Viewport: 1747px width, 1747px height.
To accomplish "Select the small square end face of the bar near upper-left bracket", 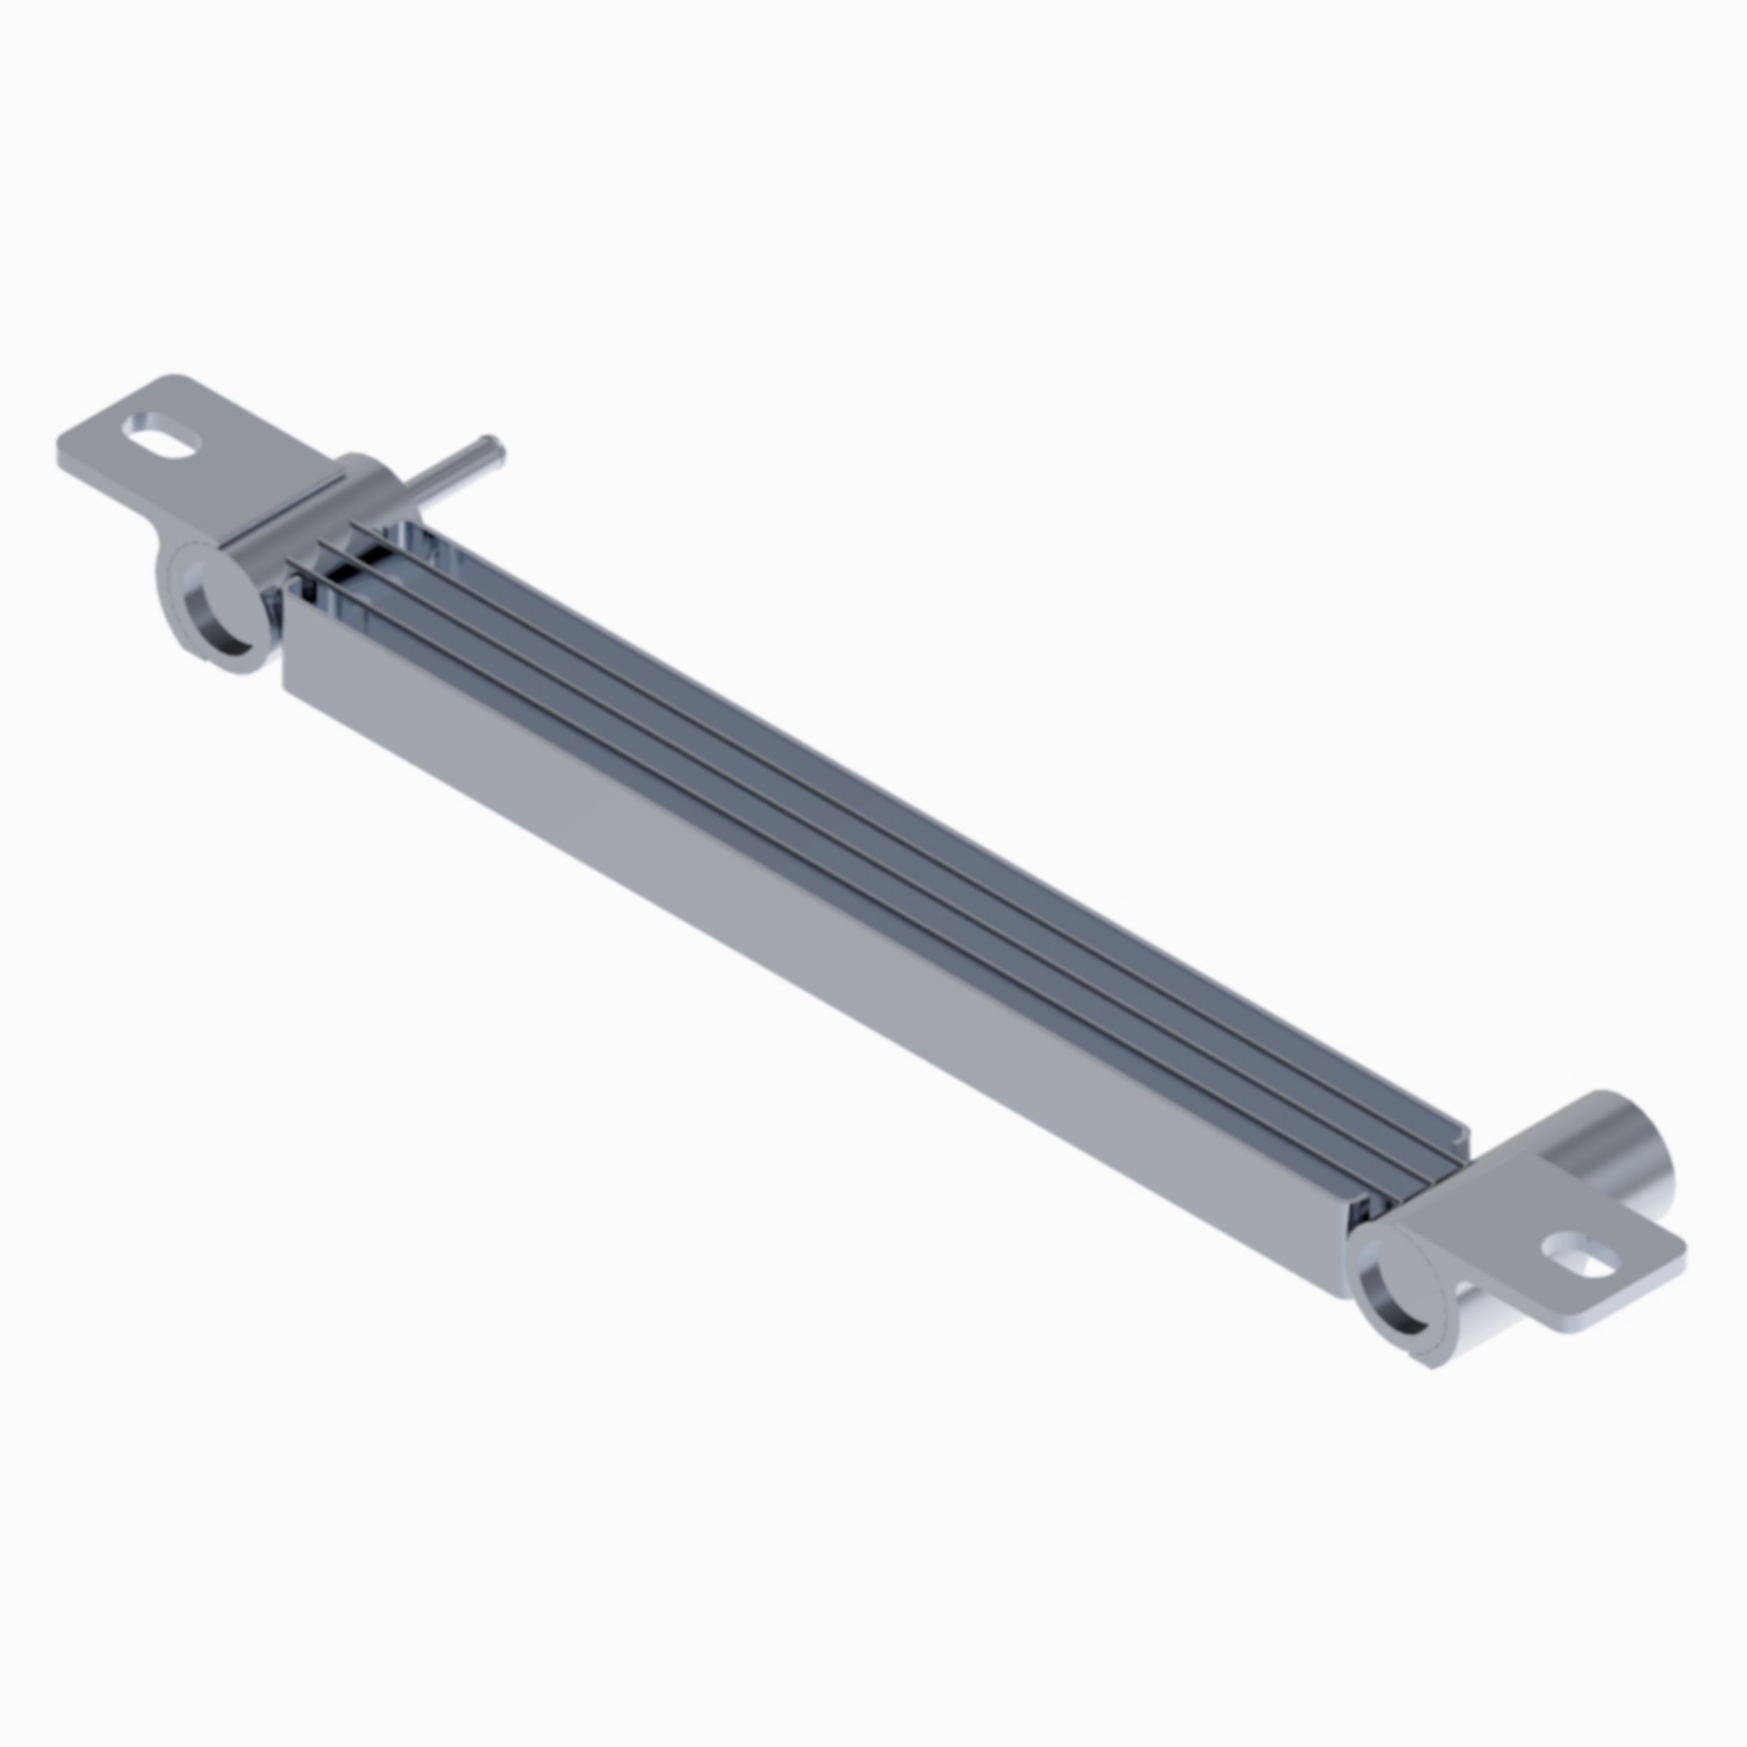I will (x=287, y=633).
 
